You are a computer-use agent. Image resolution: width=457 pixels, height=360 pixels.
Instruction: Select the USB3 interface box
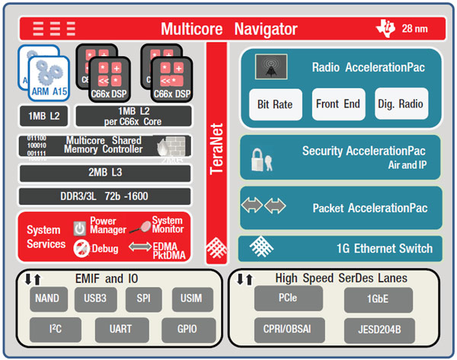(94, 299)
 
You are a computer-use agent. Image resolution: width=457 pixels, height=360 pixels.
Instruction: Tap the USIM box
(187, 299)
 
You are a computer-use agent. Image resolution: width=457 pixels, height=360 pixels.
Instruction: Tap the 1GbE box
(378, 299)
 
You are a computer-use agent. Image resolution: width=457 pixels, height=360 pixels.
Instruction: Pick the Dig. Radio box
(401, 104)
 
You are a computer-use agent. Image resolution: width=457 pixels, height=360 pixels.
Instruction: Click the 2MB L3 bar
(104, 173)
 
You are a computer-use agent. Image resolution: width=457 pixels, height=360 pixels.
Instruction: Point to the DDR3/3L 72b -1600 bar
(104, 196)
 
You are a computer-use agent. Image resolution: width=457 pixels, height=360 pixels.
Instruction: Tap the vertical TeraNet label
(217, 145)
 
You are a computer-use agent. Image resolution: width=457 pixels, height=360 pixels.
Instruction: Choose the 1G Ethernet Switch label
(385, 248)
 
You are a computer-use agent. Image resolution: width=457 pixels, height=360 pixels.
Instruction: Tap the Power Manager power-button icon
(79, 228)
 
